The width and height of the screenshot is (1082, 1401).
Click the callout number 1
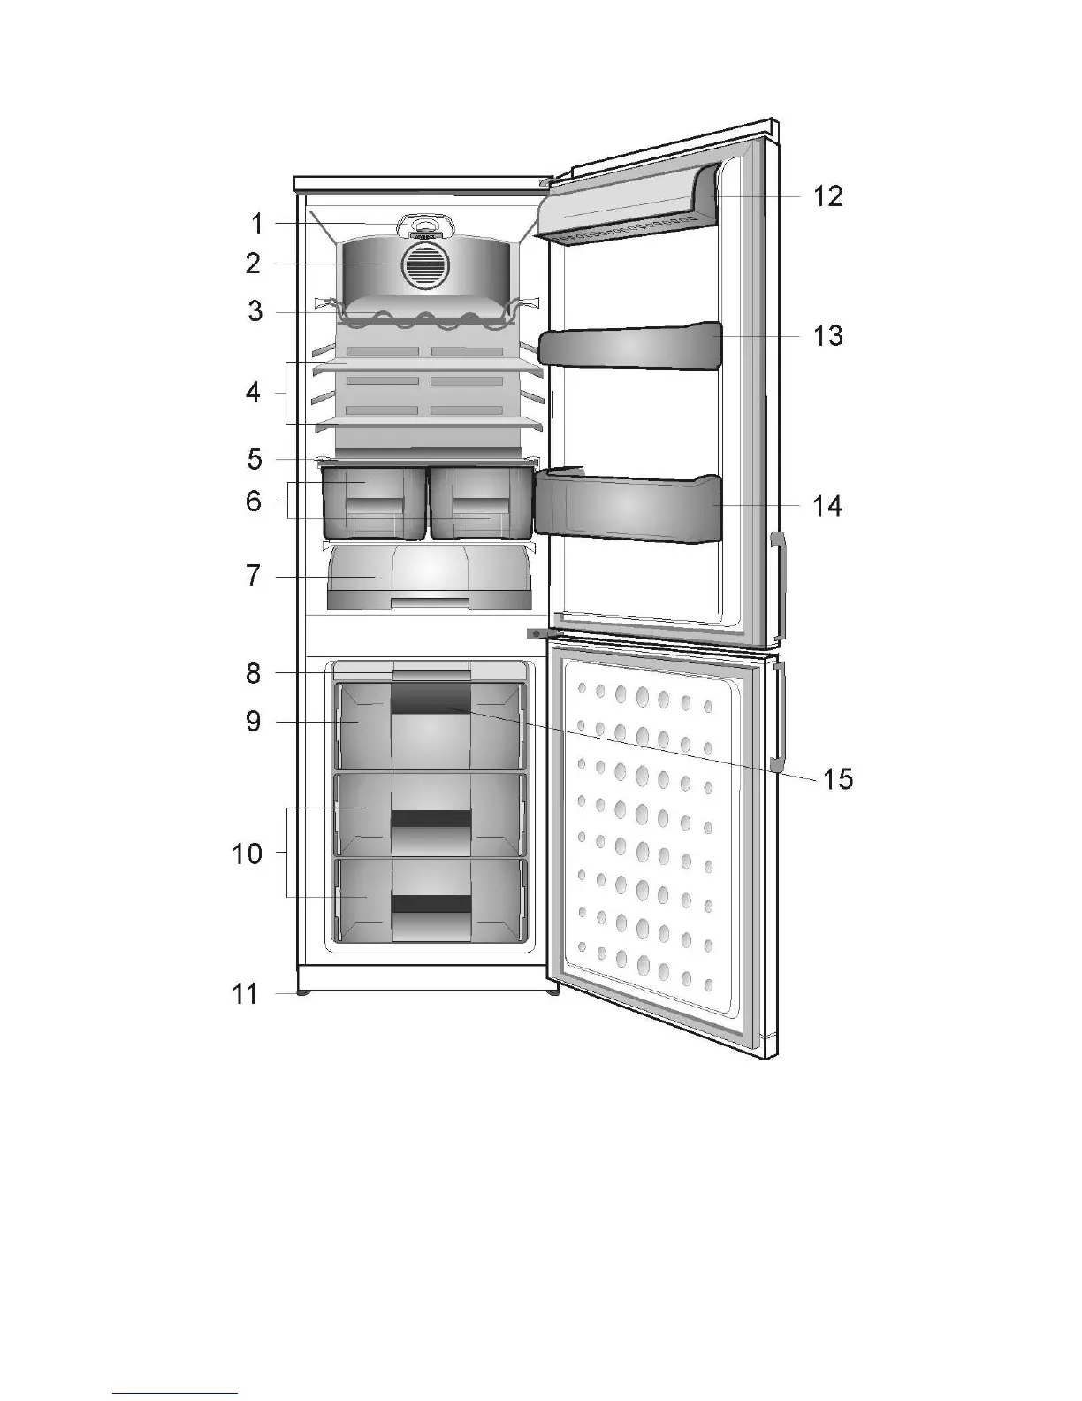[x=256, y=224]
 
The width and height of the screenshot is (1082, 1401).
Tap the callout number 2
[x=254, y=264]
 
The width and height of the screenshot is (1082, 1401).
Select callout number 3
[x=255, y=311]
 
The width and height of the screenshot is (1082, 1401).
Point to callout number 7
[x=254, y=577]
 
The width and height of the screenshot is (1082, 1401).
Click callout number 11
[x=245, y=994]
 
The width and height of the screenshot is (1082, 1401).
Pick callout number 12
[x=828, y=195]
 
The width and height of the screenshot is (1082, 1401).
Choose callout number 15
[x=838, y=779]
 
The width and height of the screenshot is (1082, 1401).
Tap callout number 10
[x=248, y=854]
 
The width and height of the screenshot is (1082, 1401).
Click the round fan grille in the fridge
[x=425, y=265]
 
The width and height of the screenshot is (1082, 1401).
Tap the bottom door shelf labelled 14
[x=628, y=509]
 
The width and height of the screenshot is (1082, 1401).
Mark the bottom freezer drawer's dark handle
[x=431, y=903]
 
